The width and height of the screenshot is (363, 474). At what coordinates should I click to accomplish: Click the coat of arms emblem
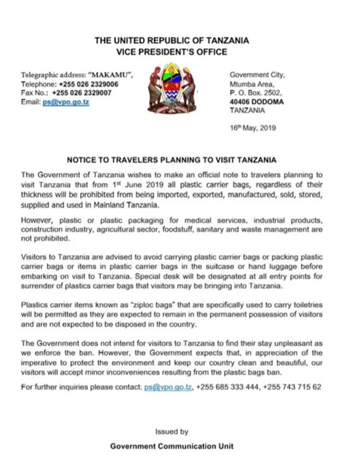tap(172, 87)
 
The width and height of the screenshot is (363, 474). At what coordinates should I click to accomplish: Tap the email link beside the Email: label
tap(66, 102)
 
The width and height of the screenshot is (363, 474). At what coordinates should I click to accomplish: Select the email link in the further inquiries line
tap(168, 387)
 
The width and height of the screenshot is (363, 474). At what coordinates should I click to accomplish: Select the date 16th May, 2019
tap(253, 128)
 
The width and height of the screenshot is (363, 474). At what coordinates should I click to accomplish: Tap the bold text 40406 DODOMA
tap(257, 102)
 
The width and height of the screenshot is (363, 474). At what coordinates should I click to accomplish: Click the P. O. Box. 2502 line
tap(256, 93)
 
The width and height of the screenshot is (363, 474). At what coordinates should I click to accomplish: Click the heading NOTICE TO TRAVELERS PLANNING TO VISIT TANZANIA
tap(172, 159)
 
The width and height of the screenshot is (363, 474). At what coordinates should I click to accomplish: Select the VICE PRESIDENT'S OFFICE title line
tap(172, 52)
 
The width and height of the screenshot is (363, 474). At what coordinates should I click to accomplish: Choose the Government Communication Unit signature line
tap(172, 446)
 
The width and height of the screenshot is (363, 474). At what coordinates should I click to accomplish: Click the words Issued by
tap(172, 432)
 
